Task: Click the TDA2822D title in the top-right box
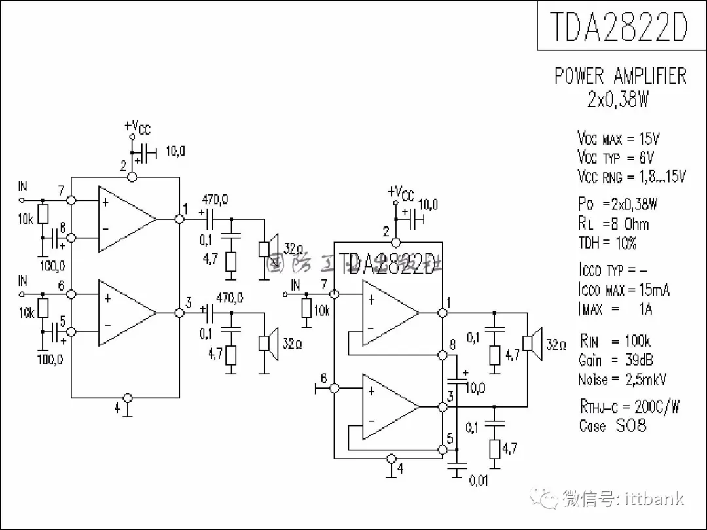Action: tap(618, 26)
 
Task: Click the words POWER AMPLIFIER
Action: tap(620, 76)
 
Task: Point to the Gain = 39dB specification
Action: tap(615, 361)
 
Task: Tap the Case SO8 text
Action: tap(613, 426)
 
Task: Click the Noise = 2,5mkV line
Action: tap(622, 380)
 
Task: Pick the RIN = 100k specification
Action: tap(615, 341)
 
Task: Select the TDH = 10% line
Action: tap(607, 243)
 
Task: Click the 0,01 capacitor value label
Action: tap(479, 482)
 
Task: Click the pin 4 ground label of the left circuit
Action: tap(118, 407)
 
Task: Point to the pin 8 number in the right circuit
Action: tap(452, 345)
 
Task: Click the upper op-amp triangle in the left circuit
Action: tap(126, 219)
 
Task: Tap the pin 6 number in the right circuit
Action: tap(323, 378)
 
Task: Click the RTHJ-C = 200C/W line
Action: tap(629, 406)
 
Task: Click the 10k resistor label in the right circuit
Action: tap(321, 311)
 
